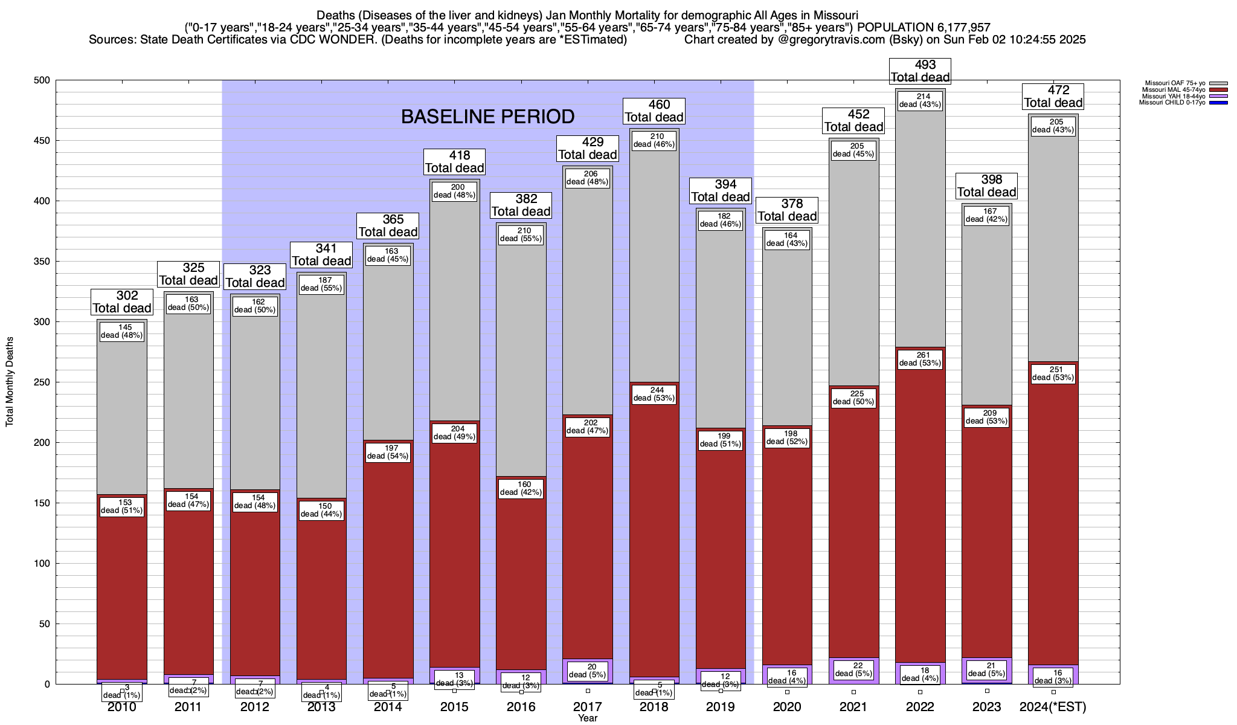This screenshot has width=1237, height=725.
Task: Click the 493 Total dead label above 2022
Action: [x=921, y=71]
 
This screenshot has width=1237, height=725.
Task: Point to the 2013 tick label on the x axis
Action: [x=321, y=707]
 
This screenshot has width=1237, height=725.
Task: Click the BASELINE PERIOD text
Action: [x=487, y=117]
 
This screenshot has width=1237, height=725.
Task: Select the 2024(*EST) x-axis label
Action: [x=1053, y=707]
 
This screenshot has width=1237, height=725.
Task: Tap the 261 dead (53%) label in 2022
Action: [x=921, y=359]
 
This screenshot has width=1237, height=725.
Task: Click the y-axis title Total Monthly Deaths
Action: [x=10, y=382]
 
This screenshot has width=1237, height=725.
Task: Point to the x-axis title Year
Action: [x=587, y=718]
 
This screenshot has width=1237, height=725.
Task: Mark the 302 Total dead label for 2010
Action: [x=122, y=301]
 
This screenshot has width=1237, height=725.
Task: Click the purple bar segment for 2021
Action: [x=853, y=671]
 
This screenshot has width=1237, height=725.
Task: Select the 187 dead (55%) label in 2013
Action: [x=321, y=284]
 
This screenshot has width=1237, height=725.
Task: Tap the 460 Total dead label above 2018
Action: [x=654, y=111]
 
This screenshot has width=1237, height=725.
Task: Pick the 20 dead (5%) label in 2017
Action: [x=588, y=671]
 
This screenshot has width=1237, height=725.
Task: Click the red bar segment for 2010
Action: [x=122, y=592]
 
